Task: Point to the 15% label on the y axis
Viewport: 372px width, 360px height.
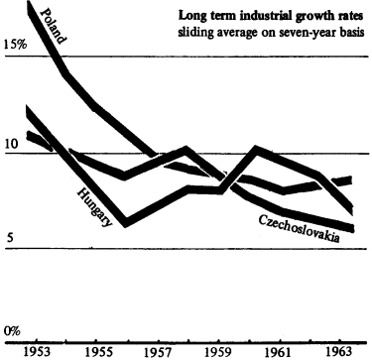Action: point(16,46)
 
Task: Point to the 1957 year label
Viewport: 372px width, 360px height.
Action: point(160,351)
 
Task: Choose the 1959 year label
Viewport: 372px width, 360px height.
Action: point(219,351)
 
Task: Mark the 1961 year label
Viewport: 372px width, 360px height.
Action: point(279,351)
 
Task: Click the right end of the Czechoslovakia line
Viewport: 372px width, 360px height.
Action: point(353,229)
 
